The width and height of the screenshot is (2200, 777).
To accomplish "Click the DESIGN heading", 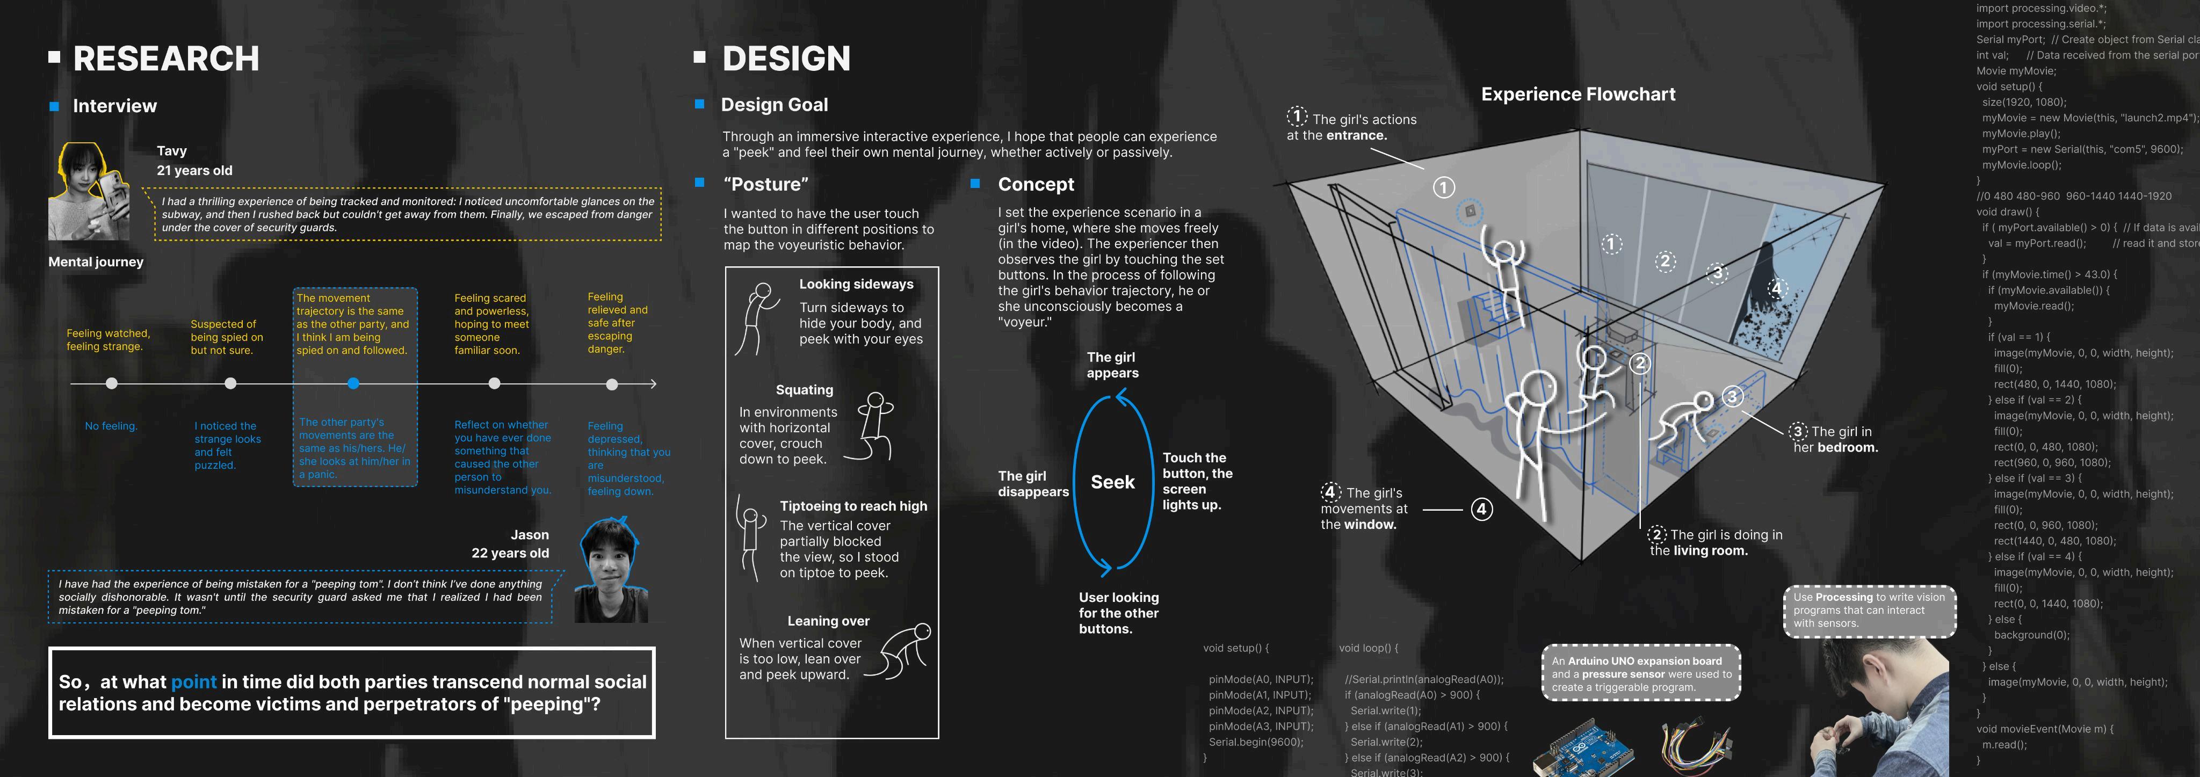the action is [786, 58].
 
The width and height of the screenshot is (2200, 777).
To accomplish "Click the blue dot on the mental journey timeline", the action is [353, 383].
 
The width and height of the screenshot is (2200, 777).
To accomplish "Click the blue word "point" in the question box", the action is [194, 681].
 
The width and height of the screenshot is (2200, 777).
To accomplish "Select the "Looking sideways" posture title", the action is [856, 285].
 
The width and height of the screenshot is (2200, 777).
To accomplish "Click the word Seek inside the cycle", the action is [1112, 482].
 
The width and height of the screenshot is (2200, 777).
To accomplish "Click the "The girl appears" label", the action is [1112, 365].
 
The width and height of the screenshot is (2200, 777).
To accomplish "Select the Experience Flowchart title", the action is [1577, 94].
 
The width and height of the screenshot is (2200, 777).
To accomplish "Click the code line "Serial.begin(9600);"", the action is [1255, 742].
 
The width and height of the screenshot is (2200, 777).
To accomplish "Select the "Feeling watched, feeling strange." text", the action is [108, 340].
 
